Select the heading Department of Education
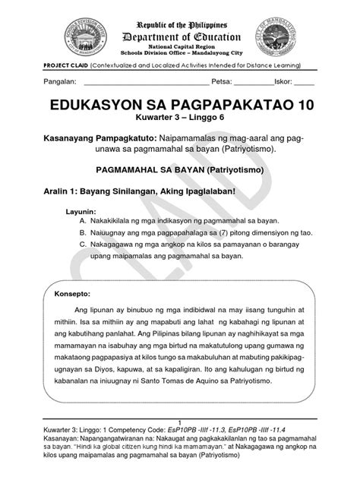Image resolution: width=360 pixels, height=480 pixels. click(179, 37)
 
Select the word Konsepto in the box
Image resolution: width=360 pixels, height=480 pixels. click(76, 292)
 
